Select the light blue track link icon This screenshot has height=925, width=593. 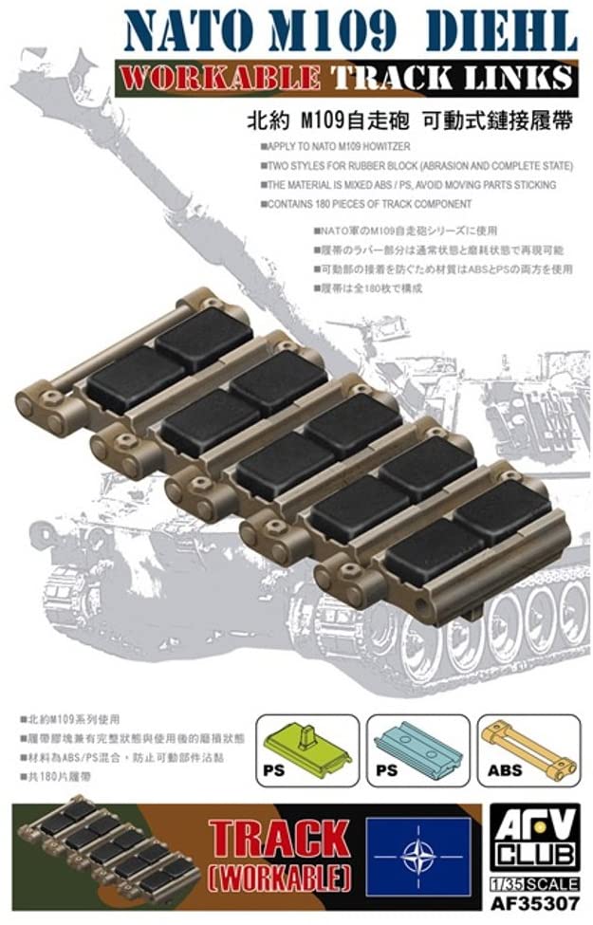click(x=418, y=749)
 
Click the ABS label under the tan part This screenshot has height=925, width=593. click(x=505, y=770)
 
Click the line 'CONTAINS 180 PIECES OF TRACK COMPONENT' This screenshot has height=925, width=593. click(x=369, y=204)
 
